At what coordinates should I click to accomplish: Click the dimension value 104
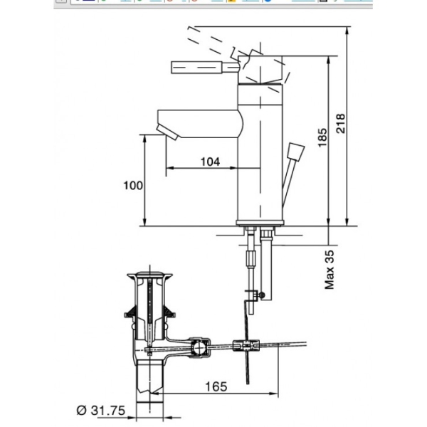click(209, 162)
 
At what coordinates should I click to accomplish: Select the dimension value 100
click(133, 185)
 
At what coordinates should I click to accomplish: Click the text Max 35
click(330, 269)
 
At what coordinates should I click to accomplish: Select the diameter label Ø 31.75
click(102, 411)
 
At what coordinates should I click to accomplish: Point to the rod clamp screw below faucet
click(260, 294)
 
